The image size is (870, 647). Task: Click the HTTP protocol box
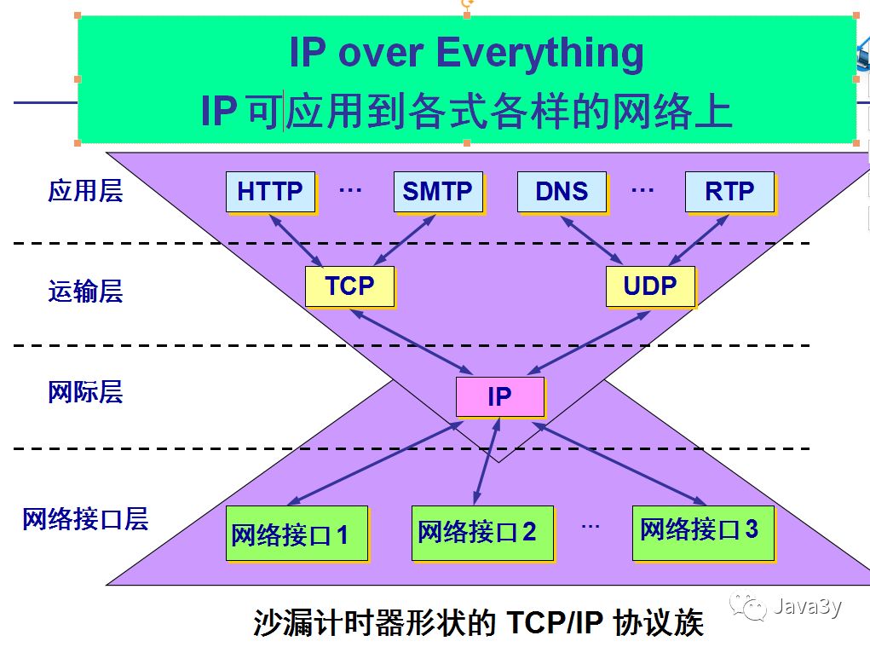(270, 192)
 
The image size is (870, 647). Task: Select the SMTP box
(438, 192)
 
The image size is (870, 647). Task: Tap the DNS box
(562, 192)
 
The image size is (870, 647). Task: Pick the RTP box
(729, 192)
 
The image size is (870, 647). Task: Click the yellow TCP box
(349, 286)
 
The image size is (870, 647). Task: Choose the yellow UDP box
(650, 286)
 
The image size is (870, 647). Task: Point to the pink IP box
(499, 396)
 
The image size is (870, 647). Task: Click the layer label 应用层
(85, 191)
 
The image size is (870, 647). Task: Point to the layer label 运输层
(85, 292)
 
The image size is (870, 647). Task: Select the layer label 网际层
(85, 392)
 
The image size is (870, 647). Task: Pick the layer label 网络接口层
(85, 518)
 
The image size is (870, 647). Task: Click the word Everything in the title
(541, 53)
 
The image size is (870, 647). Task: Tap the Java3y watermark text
(806, 606)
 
